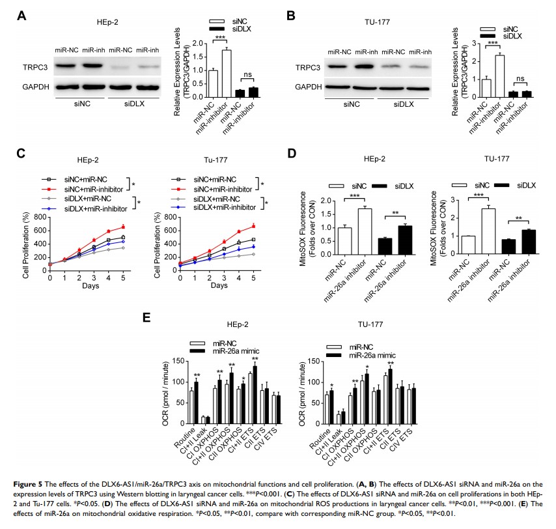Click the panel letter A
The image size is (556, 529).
click(x=21, y=15)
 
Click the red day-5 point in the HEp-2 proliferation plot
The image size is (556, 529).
click(x=122, y=227)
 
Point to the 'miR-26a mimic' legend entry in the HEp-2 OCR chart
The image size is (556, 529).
click(x=235, y=350)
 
